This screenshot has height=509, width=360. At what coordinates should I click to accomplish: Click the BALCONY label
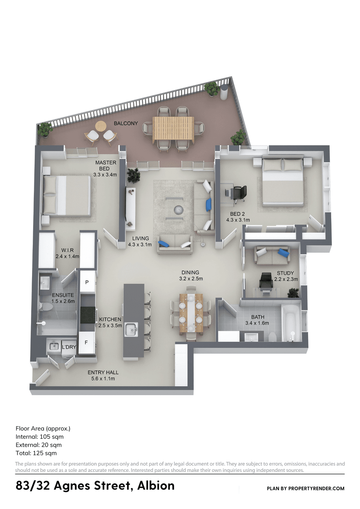tap(126, 123)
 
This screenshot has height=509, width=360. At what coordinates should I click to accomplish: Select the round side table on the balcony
tap(100, 126)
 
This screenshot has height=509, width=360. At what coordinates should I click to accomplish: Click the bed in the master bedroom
tap(66, 195)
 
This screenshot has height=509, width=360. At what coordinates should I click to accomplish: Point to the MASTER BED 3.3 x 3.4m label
tap(105, 168)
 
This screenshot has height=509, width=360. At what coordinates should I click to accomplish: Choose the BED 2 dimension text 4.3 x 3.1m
tap(238, 220)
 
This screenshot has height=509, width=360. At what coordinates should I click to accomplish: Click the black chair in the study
tap(266, 280)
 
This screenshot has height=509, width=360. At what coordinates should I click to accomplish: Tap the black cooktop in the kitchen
tap(87, 315)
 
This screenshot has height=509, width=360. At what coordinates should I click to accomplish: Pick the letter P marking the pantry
tap(87, 282)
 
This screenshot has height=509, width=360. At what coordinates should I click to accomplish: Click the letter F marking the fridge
tap(86, 342)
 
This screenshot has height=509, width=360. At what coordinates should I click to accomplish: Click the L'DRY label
tap(69, 347)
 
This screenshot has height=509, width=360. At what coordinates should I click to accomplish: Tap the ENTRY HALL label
tap(103, 373)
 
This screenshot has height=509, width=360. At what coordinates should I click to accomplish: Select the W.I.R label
tap(67, 250)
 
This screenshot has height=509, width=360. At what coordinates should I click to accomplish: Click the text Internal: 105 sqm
tap(40, 437)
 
